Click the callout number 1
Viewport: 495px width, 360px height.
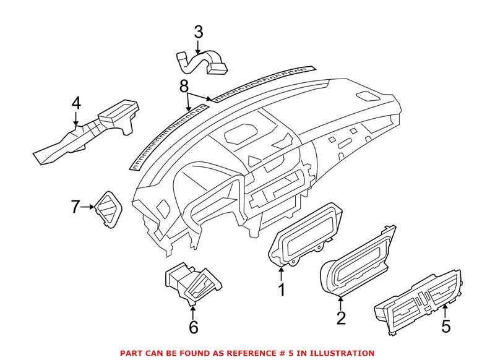(x=282, y=289)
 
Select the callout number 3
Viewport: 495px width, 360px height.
(x=198, y=31)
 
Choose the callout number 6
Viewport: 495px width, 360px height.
(x=194, y=327)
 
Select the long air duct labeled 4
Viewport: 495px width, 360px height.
(x=87, y=133)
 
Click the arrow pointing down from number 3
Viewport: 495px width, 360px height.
(x=198, y=45)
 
